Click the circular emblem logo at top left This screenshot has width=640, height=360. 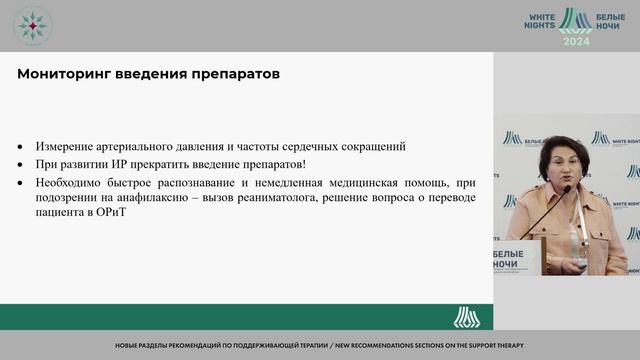tap(33, 26)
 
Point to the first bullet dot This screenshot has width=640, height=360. tap(24, 147)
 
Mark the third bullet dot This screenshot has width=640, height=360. tap(24, 183)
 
